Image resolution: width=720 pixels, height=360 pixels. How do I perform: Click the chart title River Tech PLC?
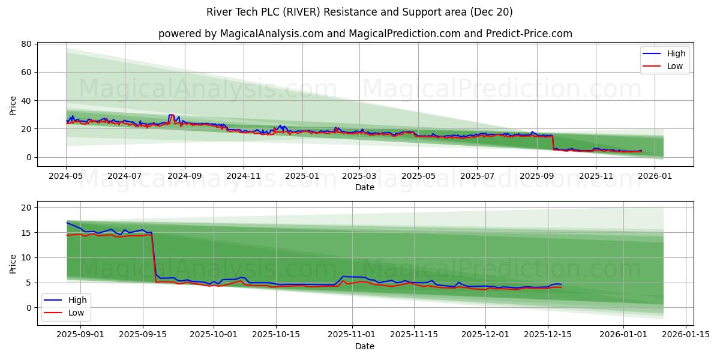point(359,12)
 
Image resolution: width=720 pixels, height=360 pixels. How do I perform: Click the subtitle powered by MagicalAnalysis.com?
point(365,34)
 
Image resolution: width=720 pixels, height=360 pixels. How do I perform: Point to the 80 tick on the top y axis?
point(26,44)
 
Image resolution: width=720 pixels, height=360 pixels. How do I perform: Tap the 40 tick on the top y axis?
point(26,100)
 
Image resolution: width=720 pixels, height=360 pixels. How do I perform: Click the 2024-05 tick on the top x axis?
point(66,176)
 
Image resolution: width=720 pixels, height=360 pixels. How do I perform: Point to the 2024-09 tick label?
point(184,176)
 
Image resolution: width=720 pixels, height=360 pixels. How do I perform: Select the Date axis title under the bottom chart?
point(365,346)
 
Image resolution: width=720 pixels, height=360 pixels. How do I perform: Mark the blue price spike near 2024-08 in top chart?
point(172,115)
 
